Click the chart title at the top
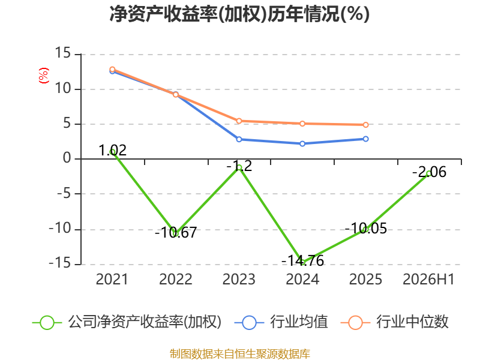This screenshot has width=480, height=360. tap(239, 14)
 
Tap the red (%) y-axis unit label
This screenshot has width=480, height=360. tap(43, 76)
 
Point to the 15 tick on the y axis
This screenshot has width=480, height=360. tap(63, 53)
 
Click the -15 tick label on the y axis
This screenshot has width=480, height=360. tap(60, 263)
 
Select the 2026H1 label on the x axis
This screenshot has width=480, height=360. tap(428, 279)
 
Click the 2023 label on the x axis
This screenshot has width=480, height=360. tap(239, 279)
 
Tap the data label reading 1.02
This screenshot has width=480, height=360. tap(112, 151)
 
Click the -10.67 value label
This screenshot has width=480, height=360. tap(176, 232)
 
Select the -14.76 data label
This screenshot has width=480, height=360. tap(302, 261)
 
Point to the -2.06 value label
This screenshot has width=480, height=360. tap(429, 172)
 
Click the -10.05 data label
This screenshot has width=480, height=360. tap(366, 229)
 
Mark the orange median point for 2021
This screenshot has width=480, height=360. tap(112, 70)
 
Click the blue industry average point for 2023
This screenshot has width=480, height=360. tap(239, 139)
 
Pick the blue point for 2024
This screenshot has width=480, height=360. tap(302, 143)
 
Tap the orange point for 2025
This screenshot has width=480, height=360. tap(366, 125)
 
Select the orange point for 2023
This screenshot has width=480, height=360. tap(239, 121)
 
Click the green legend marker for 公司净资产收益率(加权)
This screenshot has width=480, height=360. tap(47, 323)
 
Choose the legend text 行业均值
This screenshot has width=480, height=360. tap(299, 322)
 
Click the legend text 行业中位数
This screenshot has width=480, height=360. tap(412, 322)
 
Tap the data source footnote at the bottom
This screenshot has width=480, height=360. tap(240, 354)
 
